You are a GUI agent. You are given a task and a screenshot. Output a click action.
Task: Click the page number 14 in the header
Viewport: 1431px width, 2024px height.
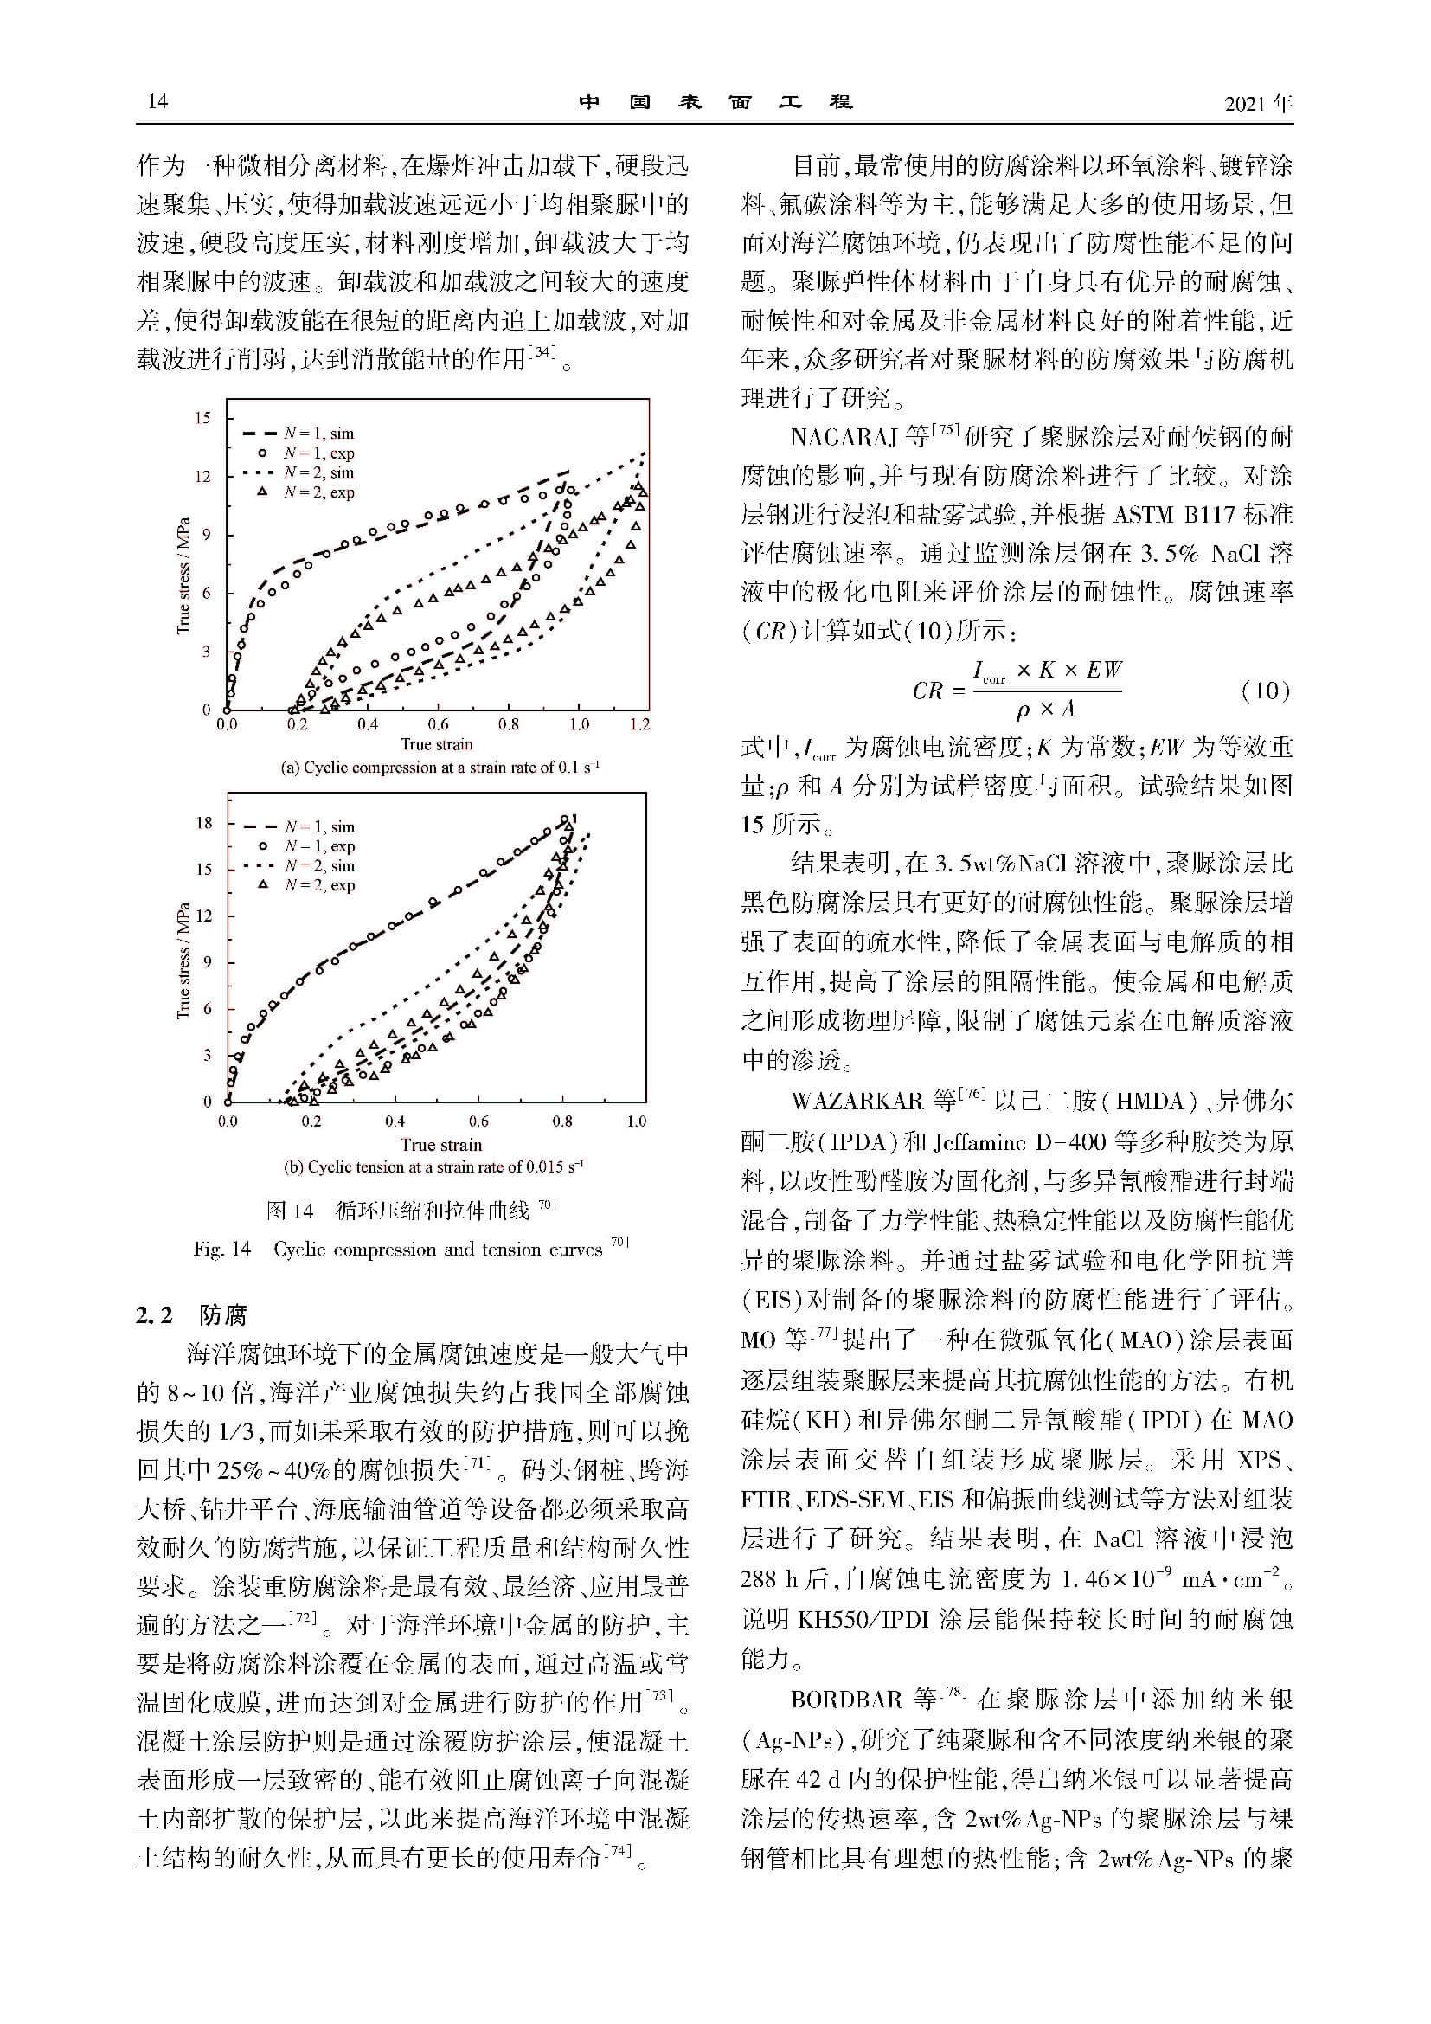tap(157, 101)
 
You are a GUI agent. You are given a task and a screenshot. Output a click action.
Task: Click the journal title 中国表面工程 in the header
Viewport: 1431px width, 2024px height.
tap(715, 101)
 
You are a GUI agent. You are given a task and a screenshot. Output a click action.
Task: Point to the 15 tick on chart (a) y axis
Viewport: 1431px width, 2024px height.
tap(202, 418)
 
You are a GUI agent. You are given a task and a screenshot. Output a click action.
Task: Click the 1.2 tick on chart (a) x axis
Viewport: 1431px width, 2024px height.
tap(639, 724)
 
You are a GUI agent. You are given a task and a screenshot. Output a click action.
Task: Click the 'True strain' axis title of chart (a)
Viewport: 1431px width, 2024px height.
tap(437, 745)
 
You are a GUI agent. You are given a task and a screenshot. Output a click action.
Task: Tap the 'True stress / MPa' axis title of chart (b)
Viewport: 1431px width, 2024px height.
tap(183, 961)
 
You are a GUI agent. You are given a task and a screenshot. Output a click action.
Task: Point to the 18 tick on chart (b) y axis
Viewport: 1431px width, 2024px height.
tap(203, 822)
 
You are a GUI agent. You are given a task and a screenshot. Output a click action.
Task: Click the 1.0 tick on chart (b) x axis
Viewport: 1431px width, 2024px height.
tap(636, 1121)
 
